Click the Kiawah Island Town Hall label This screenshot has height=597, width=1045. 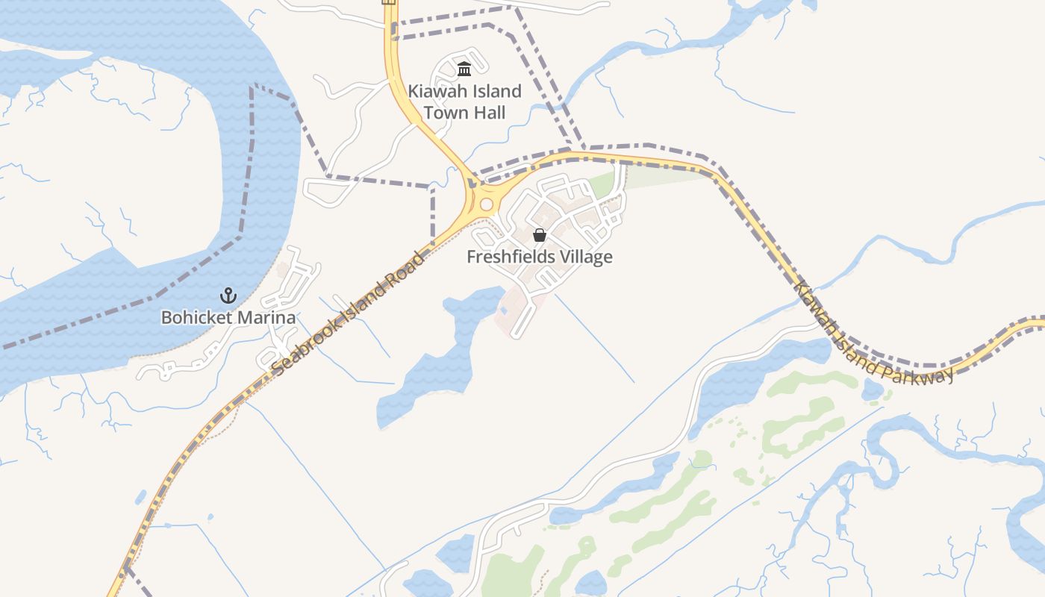[464, 102]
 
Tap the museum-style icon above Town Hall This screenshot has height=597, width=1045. [464, 69]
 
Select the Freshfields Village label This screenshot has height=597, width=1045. [539, 257]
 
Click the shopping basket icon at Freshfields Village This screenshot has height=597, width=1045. [539, 235]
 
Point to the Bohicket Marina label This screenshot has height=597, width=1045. [228, 318]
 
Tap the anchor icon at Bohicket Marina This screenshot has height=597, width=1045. [228, 296]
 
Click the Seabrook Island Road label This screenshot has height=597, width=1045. [349, 313]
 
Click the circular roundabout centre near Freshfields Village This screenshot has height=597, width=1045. [487, 204]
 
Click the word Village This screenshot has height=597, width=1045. [587, 257]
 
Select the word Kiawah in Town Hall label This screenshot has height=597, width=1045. [433, 92]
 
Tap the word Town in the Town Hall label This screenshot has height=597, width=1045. [445, 113]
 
